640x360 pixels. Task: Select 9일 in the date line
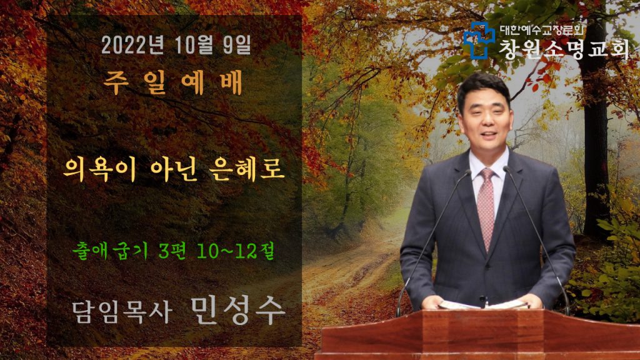(x=237, y=45)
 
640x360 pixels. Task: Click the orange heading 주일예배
(x=173, y=82)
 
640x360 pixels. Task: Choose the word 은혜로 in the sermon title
(x=247, y=170)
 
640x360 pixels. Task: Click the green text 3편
(x=172, y=251)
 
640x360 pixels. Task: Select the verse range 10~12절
(x=235, y=251)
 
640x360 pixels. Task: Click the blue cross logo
(x=479, y=40)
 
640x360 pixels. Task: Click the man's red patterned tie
(x=486, y=207)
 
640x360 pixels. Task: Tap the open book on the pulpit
(x=483, y=304)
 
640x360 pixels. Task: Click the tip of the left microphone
(x=468, y=172)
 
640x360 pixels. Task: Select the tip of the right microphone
(x=506, y=169)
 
